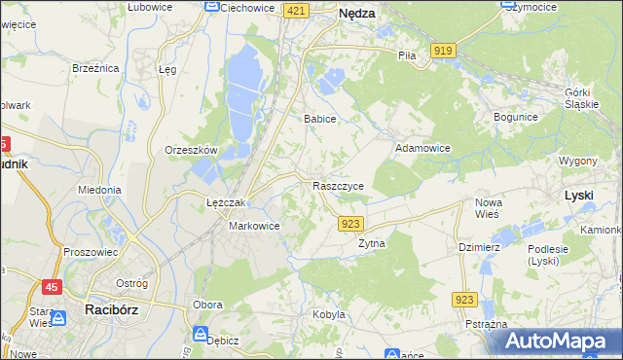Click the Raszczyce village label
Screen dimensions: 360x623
click(339, 185)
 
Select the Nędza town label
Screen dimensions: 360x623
click(356, 14)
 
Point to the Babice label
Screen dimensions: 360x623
click(319, 119)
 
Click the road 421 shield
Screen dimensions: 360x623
click(297, 10)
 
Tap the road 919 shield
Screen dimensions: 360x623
click(444, 50)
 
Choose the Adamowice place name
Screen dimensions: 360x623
click(422, 148)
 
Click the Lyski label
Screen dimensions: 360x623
click(578, 195)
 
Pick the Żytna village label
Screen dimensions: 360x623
click(371, 243)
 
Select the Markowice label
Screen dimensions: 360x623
click(254, 226)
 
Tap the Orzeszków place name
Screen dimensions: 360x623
click(190, 150)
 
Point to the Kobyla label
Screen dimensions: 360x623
click(329, 314)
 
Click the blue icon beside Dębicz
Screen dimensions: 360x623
click(200, 335)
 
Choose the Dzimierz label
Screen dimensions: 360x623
click(479, 247)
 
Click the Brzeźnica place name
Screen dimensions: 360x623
click(95, 68)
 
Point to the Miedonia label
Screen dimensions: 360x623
click(99, 190)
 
